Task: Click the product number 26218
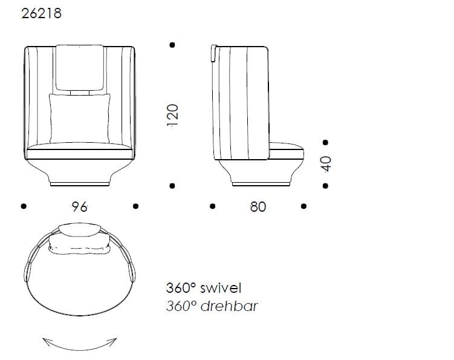(41, 13)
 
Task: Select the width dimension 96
(79, 206)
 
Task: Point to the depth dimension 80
(258, 206)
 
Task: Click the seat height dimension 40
(326, 163)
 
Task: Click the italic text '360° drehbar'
(212, 306)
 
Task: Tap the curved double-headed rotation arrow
(79, 343)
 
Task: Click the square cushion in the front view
(80, 119)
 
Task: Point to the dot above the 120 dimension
(172, 45)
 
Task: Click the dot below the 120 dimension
(172, 186)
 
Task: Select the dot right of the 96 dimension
(136, 206)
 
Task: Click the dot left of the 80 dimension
(212, 206)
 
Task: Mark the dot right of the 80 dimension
(304, 206)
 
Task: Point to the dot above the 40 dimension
(326, 143)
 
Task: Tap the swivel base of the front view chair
(80, 181)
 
